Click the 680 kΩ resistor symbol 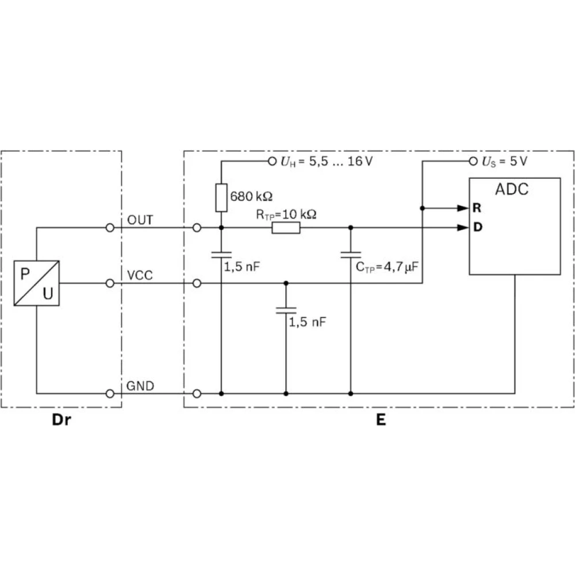(x=221, y=198)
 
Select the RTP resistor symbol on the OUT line (x=286, y=228)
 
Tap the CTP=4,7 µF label (x=387, y=267)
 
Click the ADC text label (x=512, y=189)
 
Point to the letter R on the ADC (x=477, y=208)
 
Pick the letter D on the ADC (x=477, y=227)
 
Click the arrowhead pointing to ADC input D (x=463, y=228)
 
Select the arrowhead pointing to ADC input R (x=463, y=208)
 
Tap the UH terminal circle (x=272, y=161)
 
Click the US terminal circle (x=473, y=161)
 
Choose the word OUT (x=140, y=220)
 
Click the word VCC (x=140, y=275)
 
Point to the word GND (x=140, y=386)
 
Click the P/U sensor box (x=37, y=283)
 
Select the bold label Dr (x=62, y=420)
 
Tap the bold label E (x=381, y=420)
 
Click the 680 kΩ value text (x=251, y=196)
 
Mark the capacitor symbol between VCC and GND (x=286, y=310)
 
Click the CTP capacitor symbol (x=351, y=255)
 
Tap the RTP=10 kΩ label (x=286, y=214)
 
